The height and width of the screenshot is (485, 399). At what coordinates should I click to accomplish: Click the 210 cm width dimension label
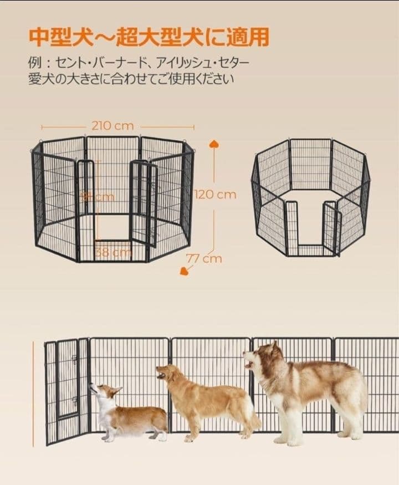112,126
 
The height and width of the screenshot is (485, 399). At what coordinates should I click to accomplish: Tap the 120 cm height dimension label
216,195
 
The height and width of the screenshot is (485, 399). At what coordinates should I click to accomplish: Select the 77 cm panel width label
204,258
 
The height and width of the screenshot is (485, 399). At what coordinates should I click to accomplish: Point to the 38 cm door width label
112,252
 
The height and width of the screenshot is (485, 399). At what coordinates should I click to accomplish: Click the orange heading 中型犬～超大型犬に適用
149,37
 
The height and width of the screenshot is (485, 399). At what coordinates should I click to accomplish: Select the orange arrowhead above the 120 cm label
214,145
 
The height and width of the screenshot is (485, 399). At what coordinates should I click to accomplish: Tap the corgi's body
139,417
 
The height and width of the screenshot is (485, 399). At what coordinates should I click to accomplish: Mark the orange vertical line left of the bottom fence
33,394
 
